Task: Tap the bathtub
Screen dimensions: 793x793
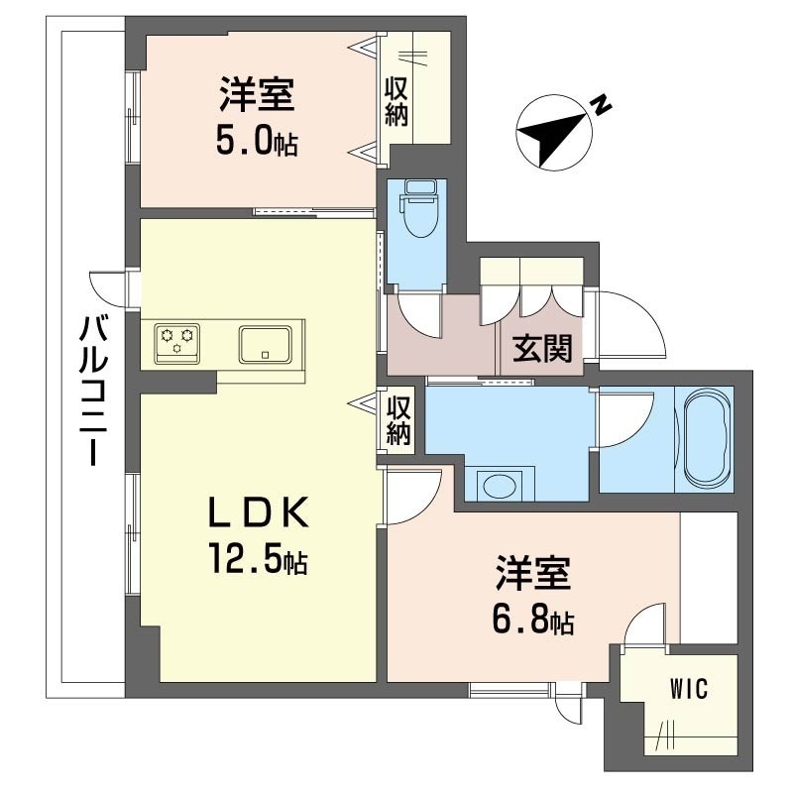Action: click(x=705, y=439)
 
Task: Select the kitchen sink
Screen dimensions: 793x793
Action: click(x=266, y=344)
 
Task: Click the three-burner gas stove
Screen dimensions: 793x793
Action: click(x=176, y=343)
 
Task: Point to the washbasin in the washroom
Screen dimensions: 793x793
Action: click(x=501, y=486)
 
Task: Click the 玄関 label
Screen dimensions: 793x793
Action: click(x=542, y=349)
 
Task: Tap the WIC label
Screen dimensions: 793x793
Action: click(x=688, y=689)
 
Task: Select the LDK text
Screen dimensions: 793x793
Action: click(x=258, y=511)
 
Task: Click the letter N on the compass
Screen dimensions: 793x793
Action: click(x=601, y=105)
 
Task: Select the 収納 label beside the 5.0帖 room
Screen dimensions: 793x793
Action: click(x=396, y=103)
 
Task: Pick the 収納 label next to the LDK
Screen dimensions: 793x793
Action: click(x=398, y=420)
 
